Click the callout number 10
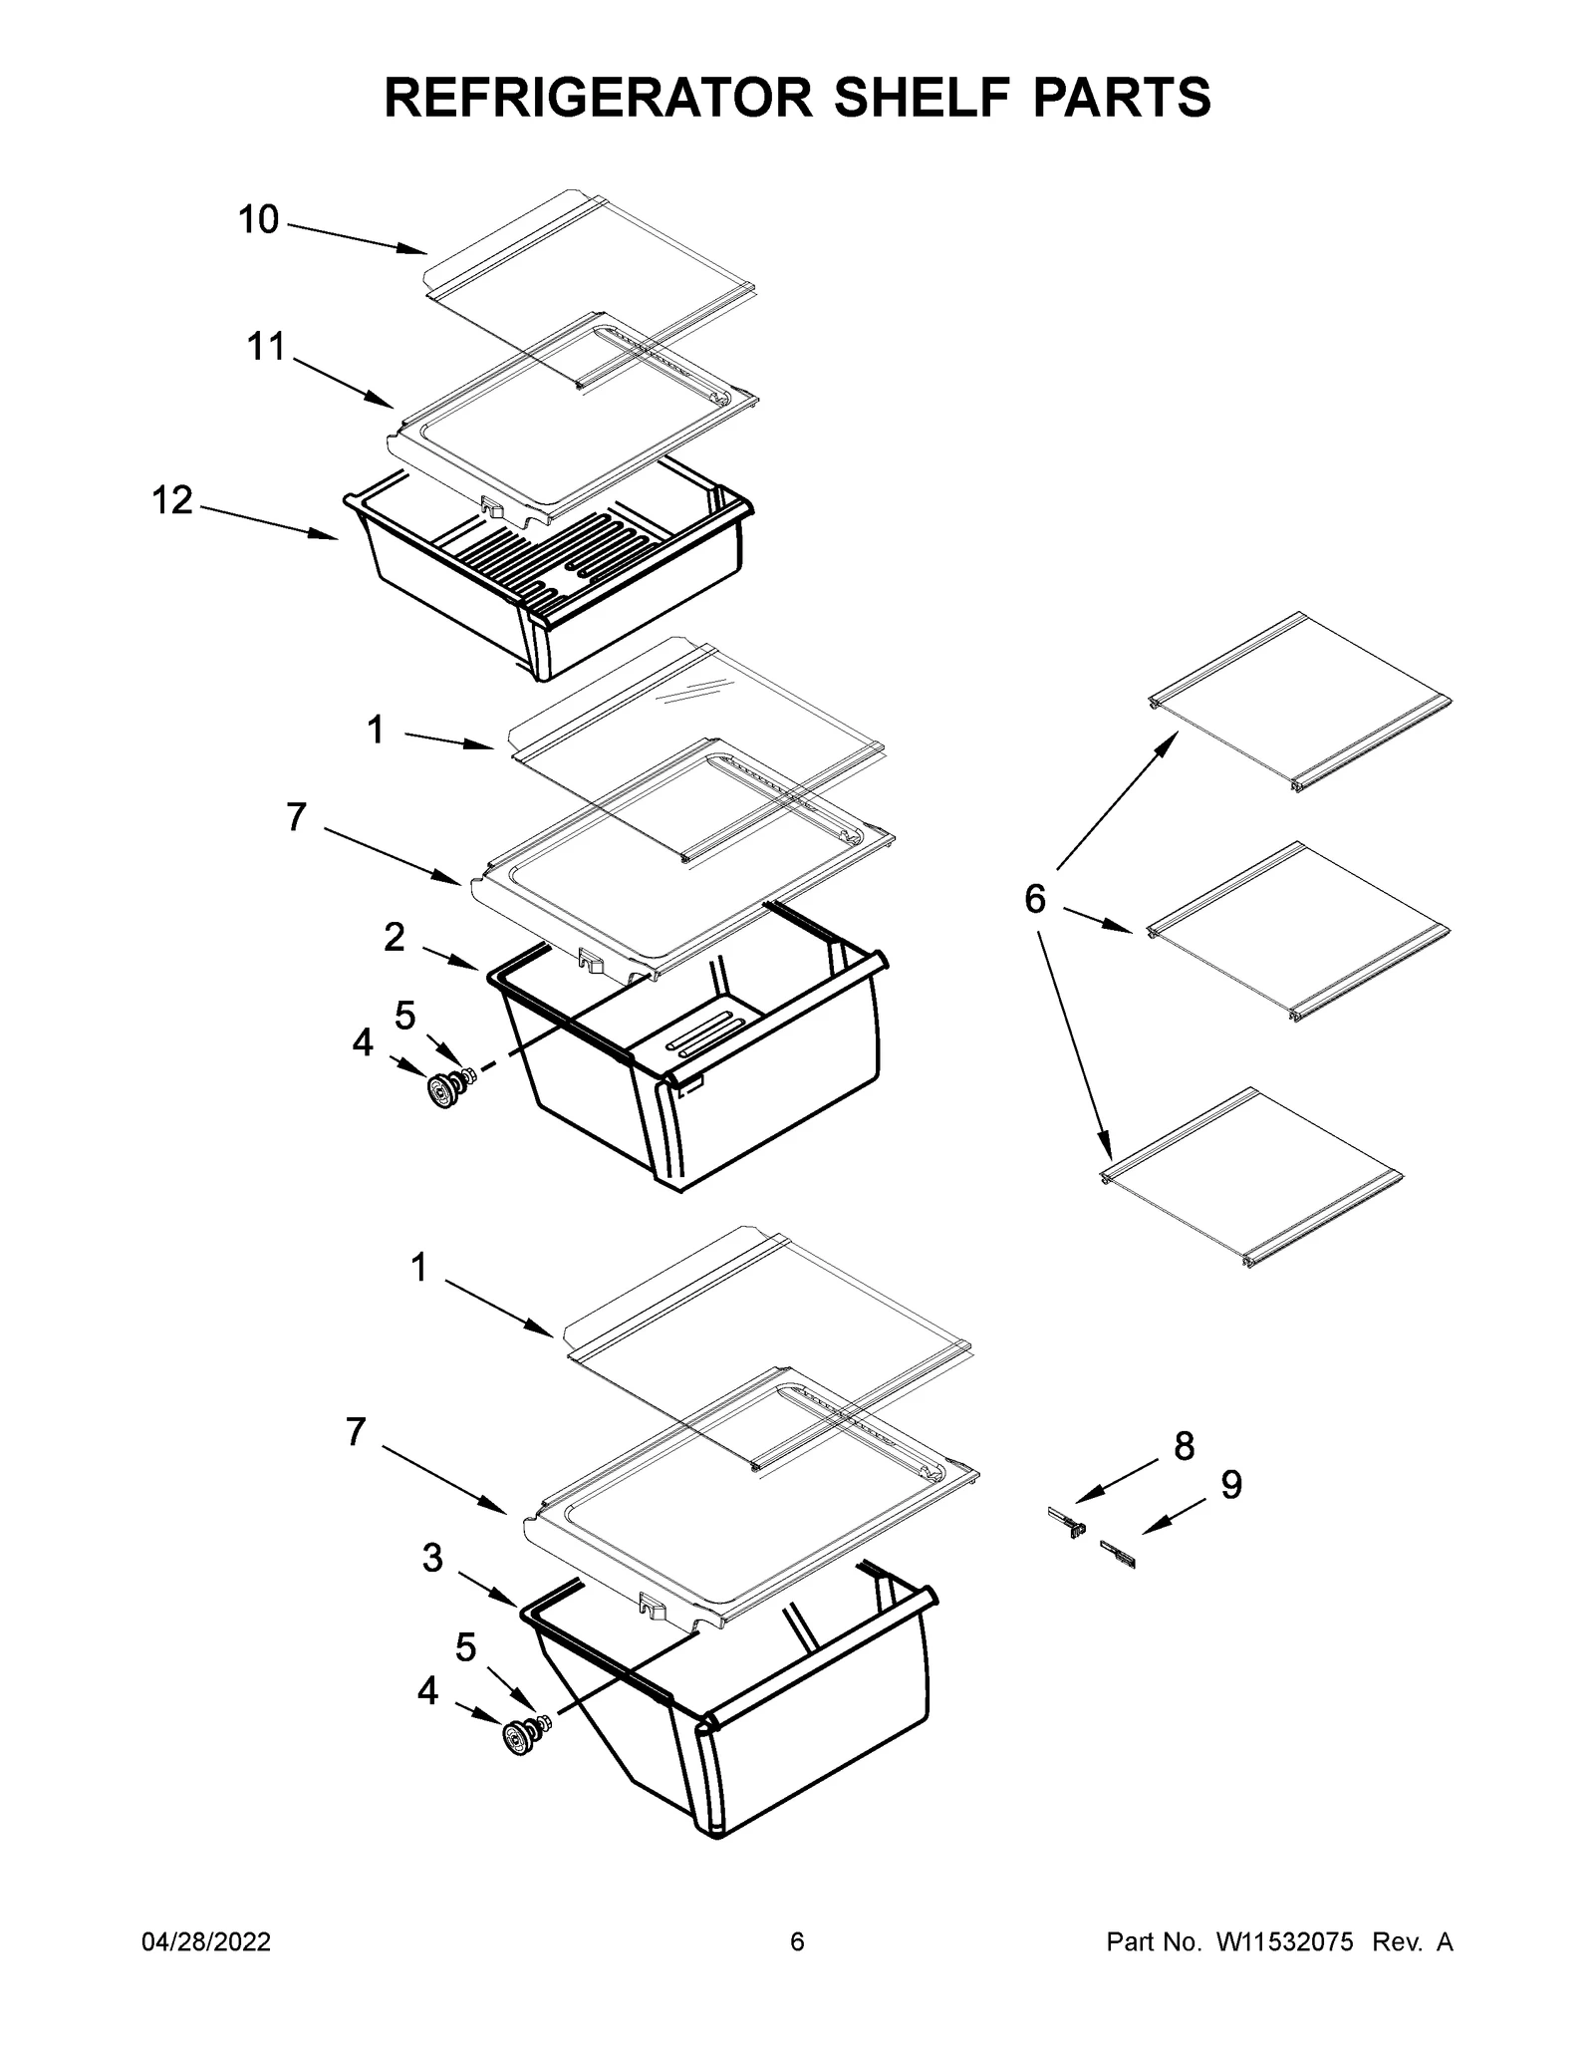pyautogui.click(x=258, y=220)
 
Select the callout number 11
pyautogui.click(x=266, y=348)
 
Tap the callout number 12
pyautogui.click(x=171, y=500)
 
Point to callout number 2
pyautogui.click(x=395, y=937)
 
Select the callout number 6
pyautogui.click(x=1035, y=900)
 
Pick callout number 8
pyautogui.click(x=1184, y=1446)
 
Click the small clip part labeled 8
pyautogui.click(x=1066, y=1523)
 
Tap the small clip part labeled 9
pyautogui.click(x=1118, y=1554)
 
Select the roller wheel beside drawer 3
pyautogui.click(x=518, y=1738)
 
